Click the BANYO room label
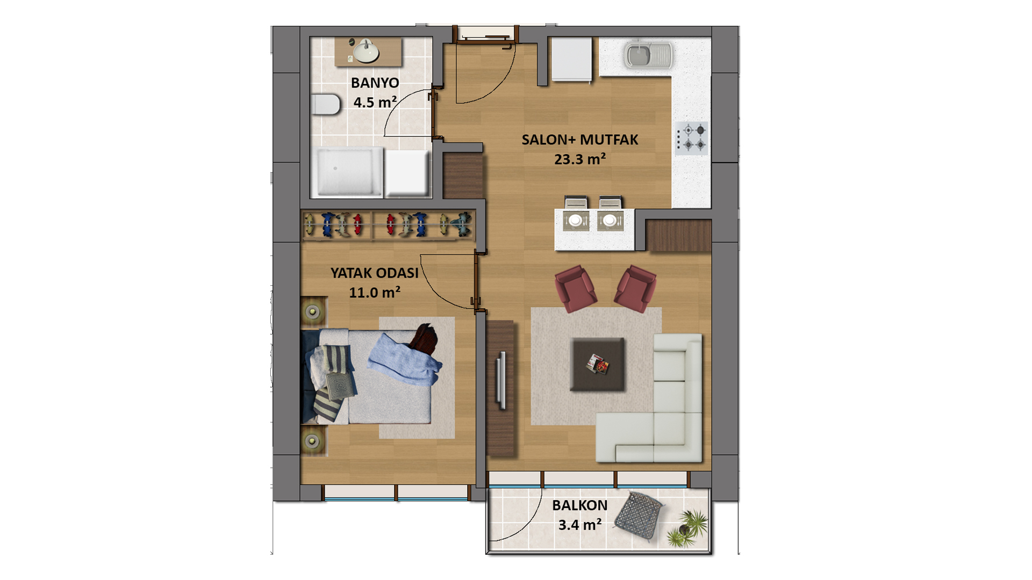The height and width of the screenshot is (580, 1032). [x=375, y=83]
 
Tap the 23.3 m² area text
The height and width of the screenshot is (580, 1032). [x=580, y=159]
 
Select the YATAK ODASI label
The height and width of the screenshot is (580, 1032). [x=374, y=273]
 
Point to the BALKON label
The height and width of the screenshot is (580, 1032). [x=579, y=505]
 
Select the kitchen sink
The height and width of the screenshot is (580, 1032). [x=648, y=56]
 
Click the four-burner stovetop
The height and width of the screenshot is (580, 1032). [x=692, y=137]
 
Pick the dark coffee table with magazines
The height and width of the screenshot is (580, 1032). [x=597, y=364]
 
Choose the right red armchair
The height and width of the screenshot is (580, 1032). [x=636, y=288]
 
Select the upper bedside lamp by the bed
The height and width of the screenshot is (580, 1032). [x=313, y=311]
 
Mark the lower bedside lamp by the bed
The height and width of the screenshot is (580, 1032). [x=312, y=441]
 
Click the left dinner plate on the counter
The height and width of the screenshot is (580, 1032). [x=576, y=220]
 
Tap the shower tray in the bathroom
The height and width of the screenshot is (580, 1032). [x=350, y=171]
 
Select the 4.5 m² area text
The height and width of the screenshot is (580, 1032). [x=375, y=102]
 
